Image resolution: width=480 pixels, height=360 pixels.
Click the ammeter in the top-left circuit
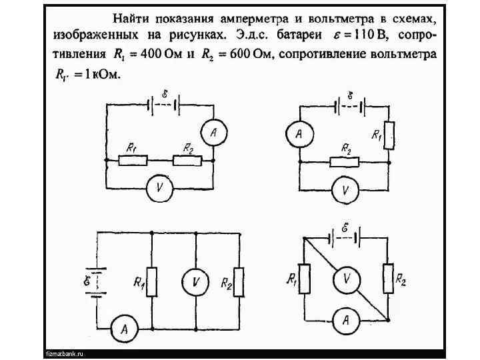[x=213, y=133]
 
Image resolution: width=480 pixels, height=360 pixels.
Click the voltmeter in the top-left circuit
[x=159, y=188]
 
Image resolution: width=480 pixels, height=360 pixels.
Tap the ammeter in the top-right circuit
[x=299, y=135]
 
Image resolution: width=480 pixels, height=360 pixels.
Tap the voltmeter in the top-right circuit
[x=345, y=189]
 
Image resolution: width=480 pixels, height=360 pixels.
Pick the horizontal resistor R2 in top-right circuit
[x=345, y=161]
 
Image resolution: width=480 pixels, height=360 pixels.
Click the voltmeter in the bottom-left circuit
[x=195, y=282]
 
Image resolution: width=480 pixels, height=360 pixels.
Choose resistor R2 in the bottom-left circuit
[x=239, y=281]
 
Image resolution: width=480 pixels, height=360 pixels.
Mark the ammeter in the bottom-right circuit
[x=345, y=321]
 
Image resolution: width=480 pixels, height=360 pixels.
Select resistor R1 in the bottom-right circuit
[x=304, y=279]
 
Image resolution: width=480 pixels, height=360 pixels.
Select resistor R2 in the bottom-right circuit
[x=388, y=279]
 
